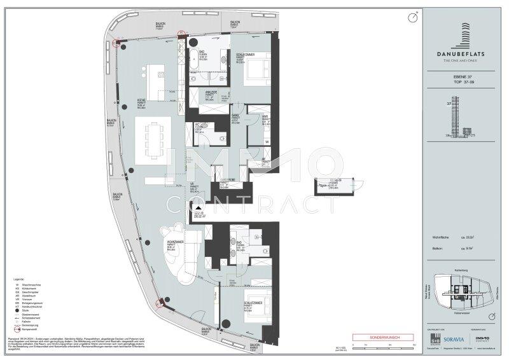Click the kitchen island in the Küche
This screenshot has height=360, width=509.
point(157,75)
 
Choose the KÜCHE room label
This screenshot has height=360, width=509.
point(142,100)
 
